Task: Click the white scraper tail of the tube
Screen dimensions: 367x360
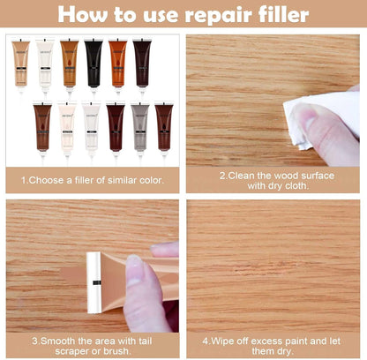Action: click(94, 282)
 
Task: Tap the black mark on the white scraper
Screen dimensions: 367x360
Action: click(97, 282)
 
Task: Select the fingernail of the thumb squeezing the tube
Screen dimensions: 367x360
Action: click(134, 270)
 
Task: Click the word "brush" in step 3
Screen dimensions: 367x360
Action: click(117, 351)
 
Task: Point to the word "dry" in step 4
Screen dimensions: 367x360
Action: click(283, 351)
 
